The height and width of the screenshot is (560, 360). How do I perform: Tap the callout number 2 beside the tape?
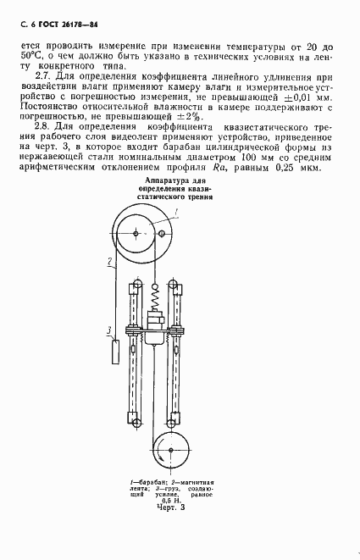pos(110,263)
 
